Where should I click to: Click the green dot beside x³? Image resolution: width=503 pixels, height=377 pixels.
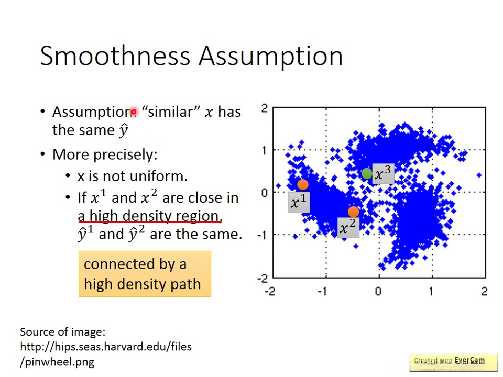pos(367,174)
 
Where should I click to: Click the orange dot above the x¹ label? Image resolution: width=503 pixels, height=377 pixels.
pos(303,185)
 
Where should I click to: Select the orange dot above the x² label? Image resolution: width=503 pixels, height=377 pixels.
pos(353,212)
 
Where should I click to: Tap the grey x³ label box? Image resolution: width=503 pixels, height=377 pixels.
pos(384,174)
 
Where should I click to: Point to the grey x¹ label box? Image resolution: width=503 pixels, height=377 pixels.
pos(299,202)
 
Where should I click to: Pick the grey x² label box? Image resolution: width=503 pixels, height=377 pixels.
pos(348,228)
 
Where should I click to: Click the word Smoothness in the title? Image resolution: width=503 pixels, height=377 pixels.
pos(115,56)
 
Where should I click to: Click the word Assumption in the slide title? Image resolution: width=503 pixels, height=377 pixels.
pos(271,57)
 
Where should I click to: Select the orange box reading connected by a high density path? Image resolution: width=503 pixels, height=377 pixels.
pos(145,274)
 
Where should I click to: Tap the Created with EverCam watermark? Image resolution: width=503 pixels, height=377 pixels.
pos(454,362)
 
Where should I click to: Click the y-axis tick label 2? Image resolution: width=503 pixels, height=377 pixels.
pos(264,108)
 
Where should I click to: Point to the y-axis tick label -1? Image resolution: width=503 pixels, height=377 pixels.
pos(263,236)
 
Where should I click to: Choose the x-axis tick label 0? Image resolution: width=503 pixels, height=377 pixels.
pos(378,292)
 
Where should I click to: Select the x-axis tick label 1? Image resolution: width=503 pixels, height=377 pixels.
pos(431,292)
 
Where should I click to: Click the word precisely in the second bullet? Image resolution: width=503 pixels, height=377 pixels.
pos(123,155)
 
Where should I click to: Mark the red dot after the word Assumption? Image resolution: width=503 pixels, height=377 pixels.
pos(134,112)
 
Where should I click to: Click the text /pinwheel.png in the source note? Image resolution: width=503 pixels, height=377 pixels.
pos(57,362)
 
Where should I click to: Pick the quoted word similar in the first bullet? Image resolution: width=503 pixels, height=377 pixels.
pos(170,112)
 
